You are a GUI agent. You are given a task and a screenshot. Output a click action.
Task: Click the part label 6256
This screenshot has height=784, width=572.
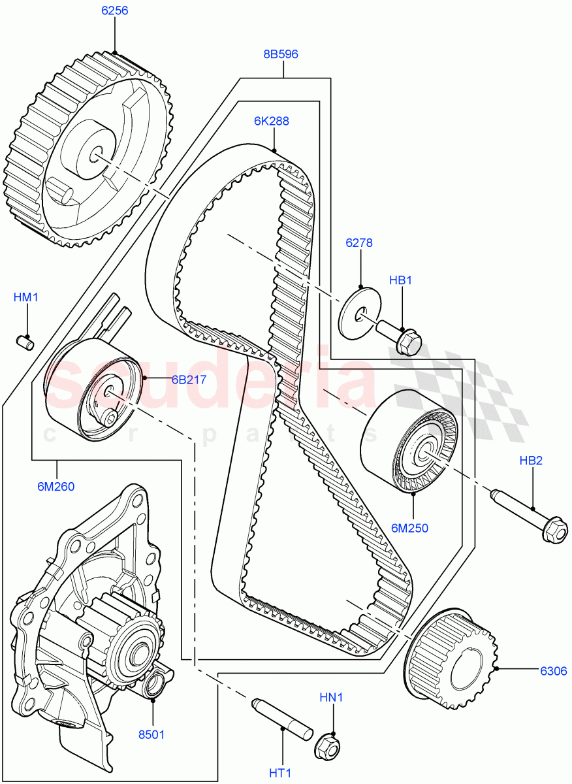114,11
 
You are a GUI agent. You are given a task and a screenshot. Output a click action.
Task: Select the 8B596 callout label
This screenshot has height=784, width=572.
281,54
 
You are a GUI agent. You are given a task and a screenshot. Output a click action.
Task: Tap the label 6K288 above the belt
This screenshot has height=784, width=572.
272,121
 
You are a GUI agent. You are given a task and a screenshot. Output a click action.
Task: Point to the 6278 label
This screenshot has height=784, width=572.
359,243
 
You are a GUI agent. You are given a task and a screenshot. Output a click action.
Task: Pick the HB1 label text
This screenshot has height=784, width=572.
401,280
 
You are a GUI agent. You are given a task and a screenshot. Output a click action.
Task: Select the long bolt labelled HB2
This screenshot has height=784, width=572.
528,514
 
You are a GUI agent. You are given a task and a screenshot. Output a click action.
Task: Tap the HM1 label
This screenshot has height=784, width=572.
27,297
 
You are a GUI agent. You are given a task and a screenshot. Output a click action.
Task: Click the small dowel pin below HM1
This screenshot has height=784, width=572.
25,341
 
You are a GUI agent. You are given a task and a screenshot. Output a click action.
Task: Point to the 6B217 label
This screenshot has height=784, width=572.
171,380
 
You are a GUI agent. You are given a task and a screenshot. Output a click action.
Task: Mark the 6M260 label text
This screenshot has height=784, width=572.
56,486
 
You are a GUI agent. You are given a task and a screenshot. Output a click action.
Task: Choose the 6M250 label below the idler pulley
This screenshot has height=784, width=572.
411,528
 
